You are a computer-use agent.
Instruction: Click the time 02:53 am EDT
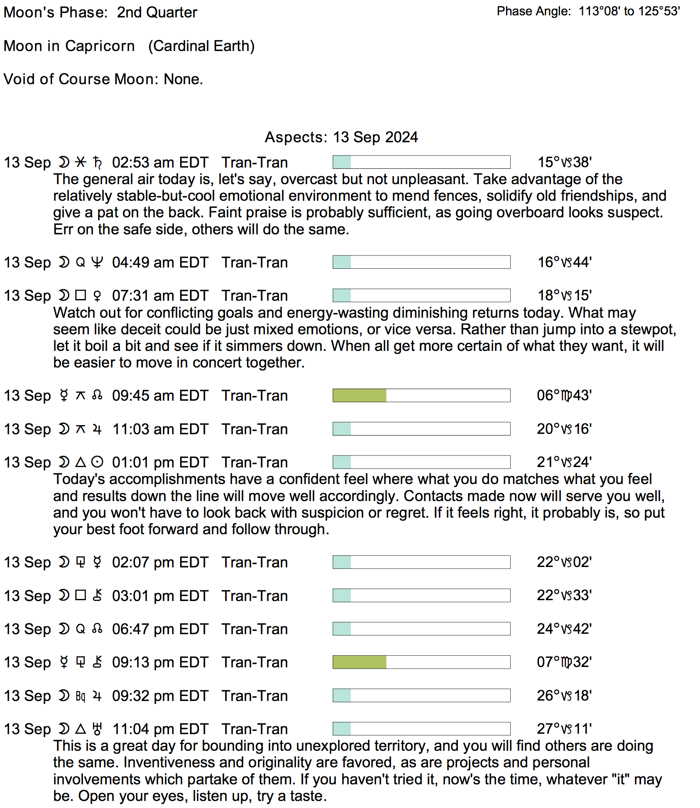160,163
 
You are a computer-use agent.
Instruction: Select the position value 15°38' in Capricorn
564,162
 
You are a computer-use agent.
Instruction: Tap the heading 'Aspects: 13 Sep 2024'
341,137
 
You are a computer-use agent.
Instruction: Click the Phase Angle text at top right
588,11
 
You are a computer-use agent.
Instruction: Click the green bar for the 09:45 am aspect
360,396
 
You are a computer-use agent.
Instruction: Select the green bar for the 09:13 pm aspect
360,662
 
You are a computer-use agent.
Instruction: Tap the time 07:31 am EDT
160,296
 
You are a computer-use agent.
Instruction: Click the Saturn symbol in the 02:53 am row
97,163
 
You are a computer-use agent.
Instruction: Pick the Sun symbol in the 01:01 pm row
97,462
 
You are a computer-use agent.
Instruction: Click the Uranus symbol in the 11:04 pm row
97,729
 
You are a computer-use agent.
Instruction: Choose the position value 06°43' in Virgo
564,396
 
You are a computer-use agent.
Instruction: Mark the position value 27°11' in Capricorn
564,729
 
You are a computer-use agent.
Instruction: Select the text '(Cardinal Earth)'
201,46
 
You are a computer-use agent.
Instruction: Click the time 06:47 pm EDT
160,629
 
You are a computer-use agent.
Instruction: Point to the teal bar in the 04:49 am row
342,263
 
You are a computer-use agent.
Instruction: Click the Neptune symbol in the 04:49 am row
97,263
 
